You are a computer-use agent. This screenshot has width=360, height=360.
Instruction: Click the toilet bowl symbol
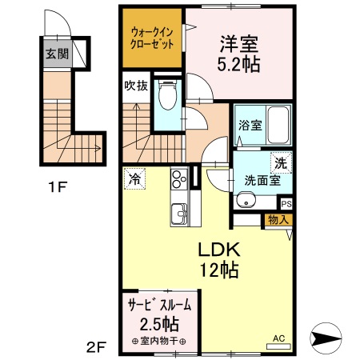tap(168, 98)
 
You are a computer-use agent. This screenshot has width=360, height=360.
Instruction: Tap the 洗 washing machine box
tap(280, 162)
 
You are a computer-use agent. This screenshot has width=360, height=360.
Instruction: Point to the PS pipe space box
tap(286, 204)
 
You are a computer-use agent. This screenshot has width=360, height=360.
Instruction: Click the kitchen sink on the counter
tap(177, 213)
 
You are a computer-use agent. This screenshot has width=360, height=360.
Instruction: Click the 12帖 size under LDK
tap(218, 270)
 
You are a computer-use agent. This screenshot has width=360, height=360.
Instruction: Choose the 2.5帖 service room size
tap(161, 324)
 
